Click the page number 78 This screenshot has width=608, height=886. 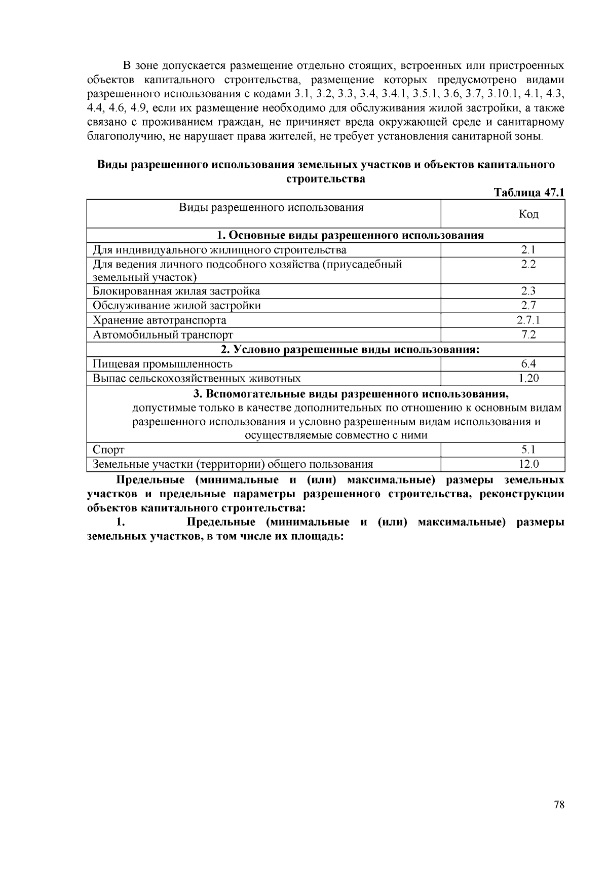(559, 804)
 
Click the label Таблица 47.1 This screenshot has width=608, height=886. (529, 193)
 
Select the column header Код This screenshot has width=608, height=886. (528, 214)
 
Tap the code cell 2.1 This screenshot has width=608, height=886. (528, 250)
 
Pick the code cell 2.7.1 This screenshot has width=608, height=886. (528, 320)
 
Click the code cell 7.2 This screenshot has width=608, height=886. (528, 335)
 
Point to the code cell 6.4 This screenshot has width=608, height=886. (528, 364)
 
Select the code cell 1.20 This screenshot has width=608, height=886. (528, 378)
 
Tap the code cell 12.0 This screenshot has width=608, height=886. (528, 464)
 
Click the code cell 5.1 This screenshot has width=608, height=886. (528, 450)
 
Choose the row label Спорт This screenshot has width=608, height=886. (108, 450)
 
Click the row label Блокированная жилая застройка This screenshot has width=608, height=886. (176, 291)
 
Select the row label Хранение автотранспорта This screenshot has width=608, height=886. (160, 320)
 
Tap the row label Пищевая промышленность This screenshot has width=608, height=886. (163, 364)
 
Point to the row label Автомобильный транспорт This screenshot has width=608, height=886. (163, 335)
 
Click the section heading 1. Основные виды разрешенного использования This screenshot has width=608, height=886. (350, 235)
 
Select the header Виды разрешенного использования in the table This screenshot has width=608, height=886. (271, 207)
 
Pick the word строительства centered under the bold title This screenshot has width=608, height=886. (326, 179)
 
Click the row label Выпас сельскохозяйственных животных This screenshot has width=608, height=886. (197, 379)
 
